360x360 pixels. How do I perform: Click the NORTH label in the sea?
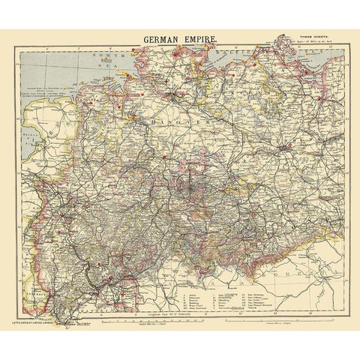102,57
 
